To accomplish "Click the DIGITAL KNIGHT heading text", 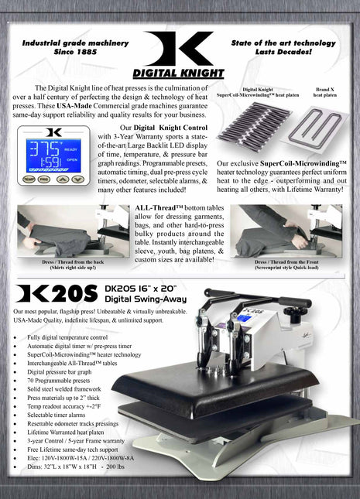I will tap(180, 74).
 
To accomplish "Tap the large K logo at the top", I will tap(180, 48).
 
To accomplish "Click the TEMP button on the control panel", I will tap(29, 179).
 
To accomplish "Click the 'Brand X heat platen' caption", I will tap(324, 92).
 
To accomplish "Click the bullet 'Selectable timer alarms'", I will tap(60, 415).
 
